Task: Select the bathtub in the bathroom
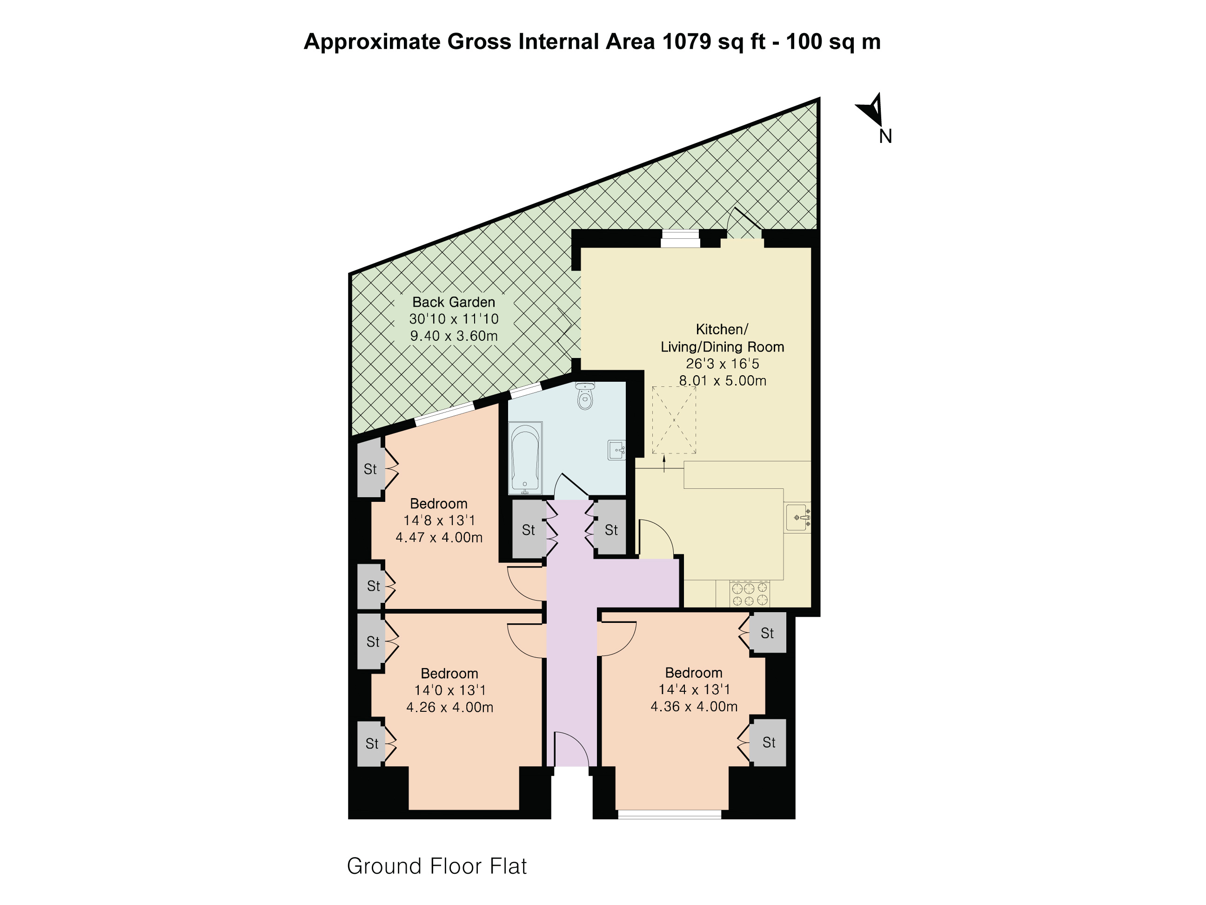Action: click(526, 458)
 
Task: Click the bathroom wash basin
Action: click(616, 450)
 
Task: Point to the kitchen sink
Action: click(797, 517)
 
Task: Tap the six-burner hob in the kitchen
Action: click(750, 594)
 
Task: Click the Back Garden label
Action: click(454, 302)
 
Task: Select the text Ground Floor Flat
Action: click(437, 866)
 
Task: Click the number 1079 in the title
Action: click(686, 41)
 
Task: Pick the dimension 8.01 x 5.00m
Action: click(723, 380)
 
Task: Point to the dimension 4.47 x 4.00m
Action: click(439, 537)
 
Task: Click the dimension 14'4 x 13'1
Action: click(694, 689)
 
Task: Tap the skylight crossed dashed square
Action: click(674, 419)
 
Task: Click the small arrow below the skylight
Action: click(664, 464)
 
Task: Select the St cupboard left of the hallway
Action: click(528, 529)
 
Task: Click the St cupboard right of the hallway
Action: click(610, 529)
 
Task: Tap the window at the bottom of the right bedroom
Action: click(670, 814)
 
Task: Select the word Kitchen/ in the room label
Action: click(722, 329)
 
